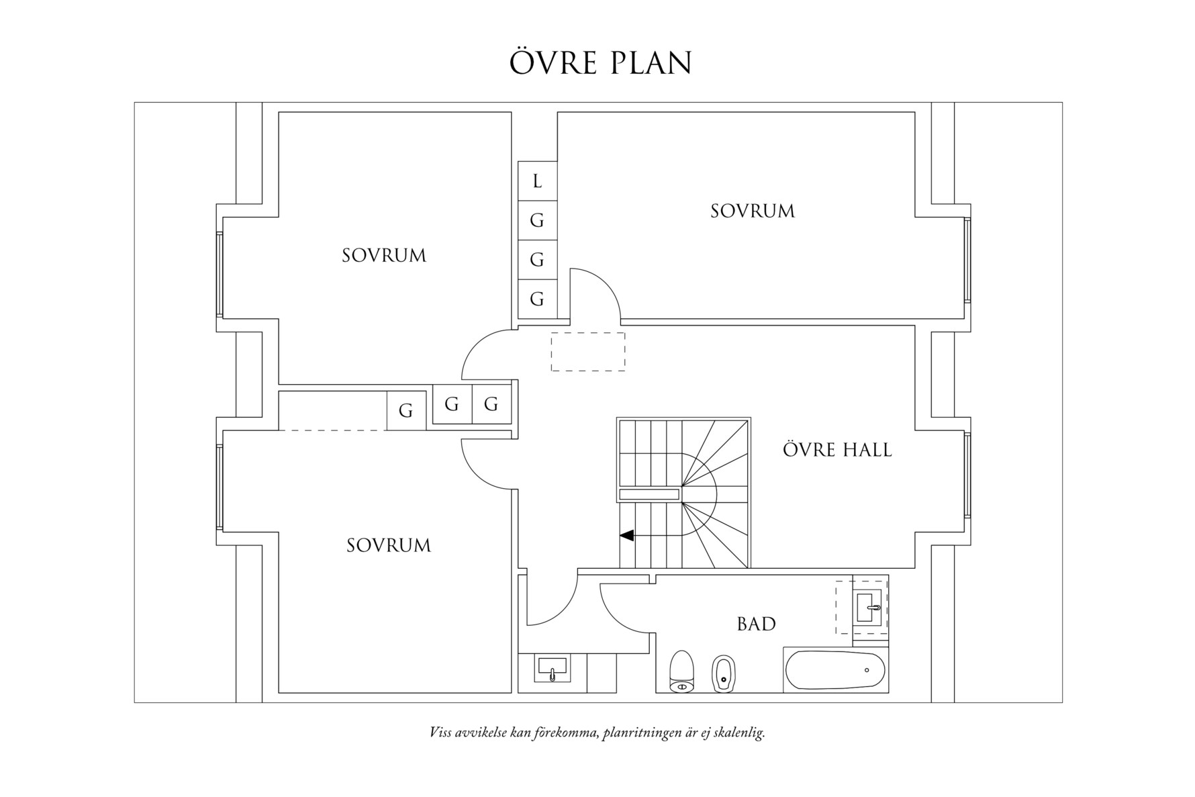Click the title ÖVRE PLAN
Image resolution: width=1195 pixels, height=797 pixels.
tap(600, 62)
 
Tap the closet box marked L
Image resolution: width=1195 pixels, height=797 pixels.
tap(537, 181)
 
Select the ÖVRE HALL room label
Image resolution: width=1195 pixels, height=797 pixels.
tap(836, 450)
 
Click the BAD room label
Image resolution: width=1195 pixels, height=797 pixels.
tap(756, 624)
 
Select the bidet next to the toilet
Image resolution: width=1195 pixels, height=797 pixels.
tap(723, 673)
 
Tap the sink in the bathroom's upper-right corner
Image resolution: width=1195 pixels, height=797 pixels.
tap(869, 607)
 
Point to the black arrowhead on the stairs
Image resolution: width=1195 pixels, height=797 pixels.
tap(626, 536)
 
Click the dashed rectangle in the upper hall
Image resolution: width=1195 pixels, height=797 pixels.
tap(587, 351)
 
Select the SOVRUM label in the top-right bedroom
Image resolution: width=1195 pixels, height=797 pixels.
tap(752, 212)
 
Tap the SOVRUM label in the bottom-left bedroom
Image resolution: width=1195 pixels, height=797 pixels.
tap(388, 545)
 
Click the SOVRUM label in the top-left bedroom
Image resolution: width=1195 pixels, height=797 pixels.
tap(383, 256)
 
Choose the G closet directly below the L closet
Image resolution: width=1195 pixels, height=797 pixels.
tap(537, 220)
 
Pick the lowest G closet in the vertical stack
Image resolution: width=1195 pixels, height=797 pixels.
tap(537, 299)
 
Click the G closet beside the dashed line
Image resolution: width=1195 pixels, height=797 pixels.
tap(405, 410)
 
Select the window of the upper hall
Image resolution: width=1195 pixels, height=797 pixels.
tap(967, 475)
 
